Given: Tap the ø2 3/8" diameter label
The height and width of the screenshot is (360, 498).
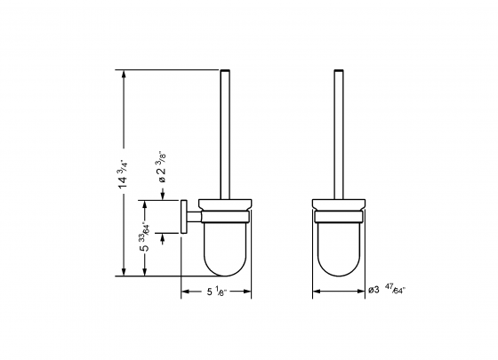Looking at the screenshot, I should [162, 168].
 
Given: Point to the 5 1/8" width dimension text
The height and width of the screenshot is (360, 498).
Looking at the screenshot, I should [217, 291].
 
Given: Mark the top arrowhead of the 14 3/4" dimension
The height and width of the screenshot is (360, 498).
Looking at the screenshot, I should [122, 72].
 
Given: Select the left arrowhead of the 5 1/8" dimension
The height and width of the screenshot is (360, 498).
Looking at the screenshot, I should [185, 291].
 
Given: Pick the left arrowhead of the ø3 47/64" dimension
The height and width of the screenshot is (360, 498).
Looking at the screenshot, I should [315, 291].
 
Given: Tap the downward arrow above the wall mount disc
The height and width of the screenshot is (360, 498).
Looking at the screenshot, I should [163, 196].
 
